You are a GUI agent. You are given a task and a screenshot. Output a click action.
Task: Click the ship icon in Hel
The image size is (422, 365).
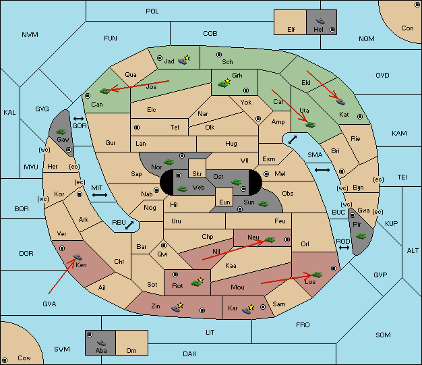pyautogui.click(x=320, y=21)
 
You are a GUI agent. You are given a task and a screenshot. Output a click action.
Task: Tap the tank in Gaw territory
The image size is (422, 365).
pyautogui.click(x=61, y=132)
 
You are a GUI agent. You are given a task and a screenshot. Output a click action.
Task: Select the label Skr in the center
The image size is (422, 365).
pyautogui.click(x=197, y=174)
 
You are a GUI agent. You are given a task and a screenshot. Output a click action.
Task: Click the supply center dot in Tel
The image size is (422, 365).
pyautogui.click(x=137, y=128)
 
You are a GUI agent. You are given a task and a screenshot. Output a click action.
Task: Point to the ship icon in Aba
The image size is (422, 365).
pyautogui.click(x=102, y=343)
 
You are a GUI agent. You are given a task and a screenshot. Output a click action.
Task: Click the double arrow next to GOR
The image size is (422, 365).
pyautogui.click(x=79, y=119)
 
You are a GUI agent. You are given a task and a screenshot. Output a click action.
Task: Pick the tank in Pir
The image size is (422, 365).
pyautogui.click(x=361, y=236)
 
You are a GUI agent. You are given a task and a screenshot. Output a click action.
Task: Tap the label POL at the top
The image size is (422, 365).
pyautogui.click(x=152, y=11)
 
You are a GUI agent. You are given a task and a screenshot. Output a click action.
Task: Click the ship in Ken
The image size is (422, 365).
pyautogui.click(x=78, y=256)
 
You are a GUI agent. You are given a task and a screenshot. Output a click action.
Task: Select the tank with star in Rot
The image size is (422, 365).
pyautogui.click(x=197, y=282)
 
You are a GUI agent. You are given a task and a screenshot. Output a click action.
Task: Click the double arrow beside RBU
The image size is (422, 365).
pyautogui.click(x=129, y=225)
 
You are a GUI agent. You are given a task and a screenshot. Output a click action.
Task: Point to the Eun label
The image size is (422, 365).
pyautogui.click(x=224, y=202)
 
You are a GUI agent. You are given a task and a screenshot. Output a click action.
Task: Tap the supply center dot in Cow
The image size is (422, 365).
pyautogui.click(x=5, y=360)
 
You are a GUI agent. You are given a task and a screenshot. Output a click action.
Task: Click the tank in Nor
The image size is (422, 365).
pyautogui.click(x=169, y=162)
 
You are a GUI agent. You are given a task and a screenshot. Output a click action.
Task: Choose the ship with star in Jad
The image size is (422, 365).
pyautogui.click(x=184, y=60)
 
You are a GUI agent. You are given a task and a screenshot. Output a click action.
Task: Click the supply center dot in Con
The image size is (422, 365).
pyautogui.click(x=417, y=5)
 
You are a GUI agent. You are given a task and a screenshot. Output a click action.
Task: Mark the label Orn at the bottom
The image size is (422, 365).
pyautogui.click(x=131, y=350)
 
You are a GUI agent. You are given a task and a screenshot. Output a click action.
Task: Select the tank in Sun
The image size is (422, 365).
pyautogui.click(x=263, y=204)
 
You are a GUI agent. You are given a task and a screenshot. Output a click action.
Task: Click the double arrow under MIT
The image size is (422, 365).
pyautogui.click(x=100, y=195)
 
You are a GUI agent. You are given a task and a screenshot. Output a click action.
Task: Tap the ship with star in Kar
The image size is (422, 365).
pyautogui.click(x=247, y=309)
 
